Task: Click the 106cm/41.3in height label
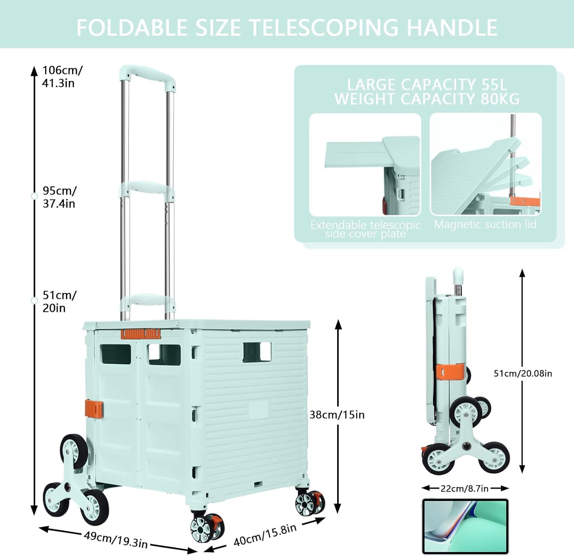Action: [62, 77]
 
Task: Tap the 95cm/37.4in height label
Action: [59, 197]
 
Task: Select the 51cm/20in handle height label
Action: [59, 302]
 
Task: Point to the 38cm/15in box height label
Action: [337, 415]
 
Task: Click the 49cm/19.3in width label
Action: [116, 539]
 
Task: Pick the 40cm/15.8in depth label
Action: [265, 535]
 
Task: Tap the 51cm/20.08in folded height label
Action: [523, 373]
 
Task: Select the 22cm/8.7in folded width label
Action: [465, 488]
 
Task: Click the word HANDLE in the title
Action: [452, 28]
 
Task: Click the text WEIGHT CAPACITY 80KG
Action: [427, 99]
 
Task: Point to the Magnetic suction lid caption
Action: [485, 224]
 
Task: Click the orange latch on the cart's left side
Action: [94, 408]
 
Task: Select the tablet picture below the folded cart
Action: [465, 526]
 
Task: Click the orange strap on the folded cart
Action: [450, 372]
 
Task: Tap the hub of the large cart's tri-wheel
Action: [68, 487]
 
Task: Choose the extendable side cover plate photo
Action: [365, 165]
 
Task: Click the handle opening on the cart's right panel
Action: [257, 352]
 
